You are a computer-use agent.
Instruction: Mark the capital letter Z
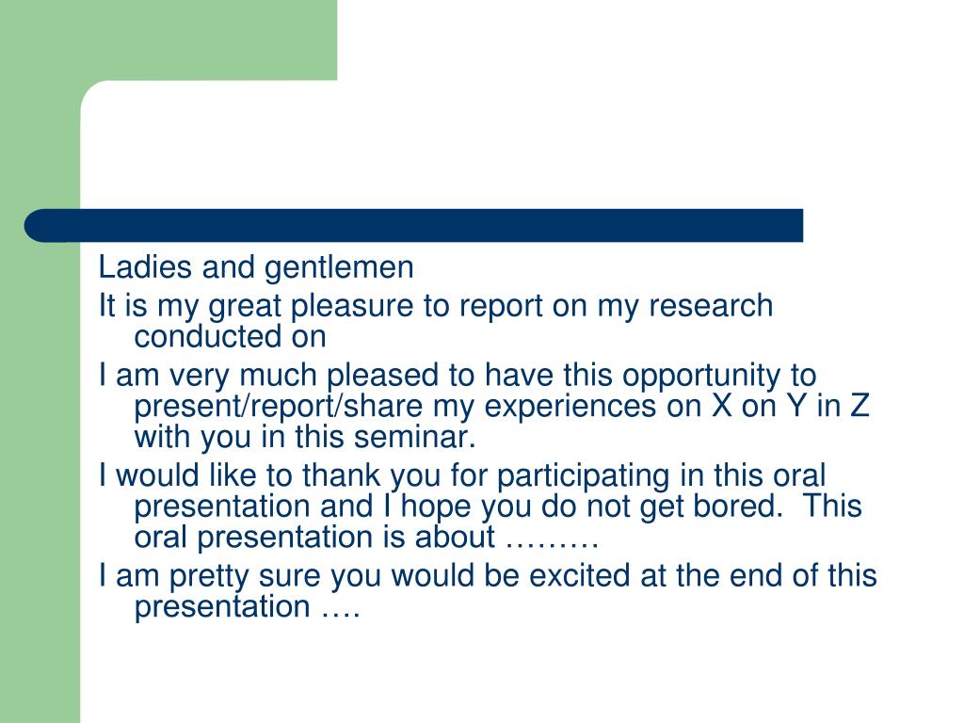[858, 408]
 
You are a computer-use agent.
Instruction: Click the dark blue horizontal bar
[414, 226]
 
